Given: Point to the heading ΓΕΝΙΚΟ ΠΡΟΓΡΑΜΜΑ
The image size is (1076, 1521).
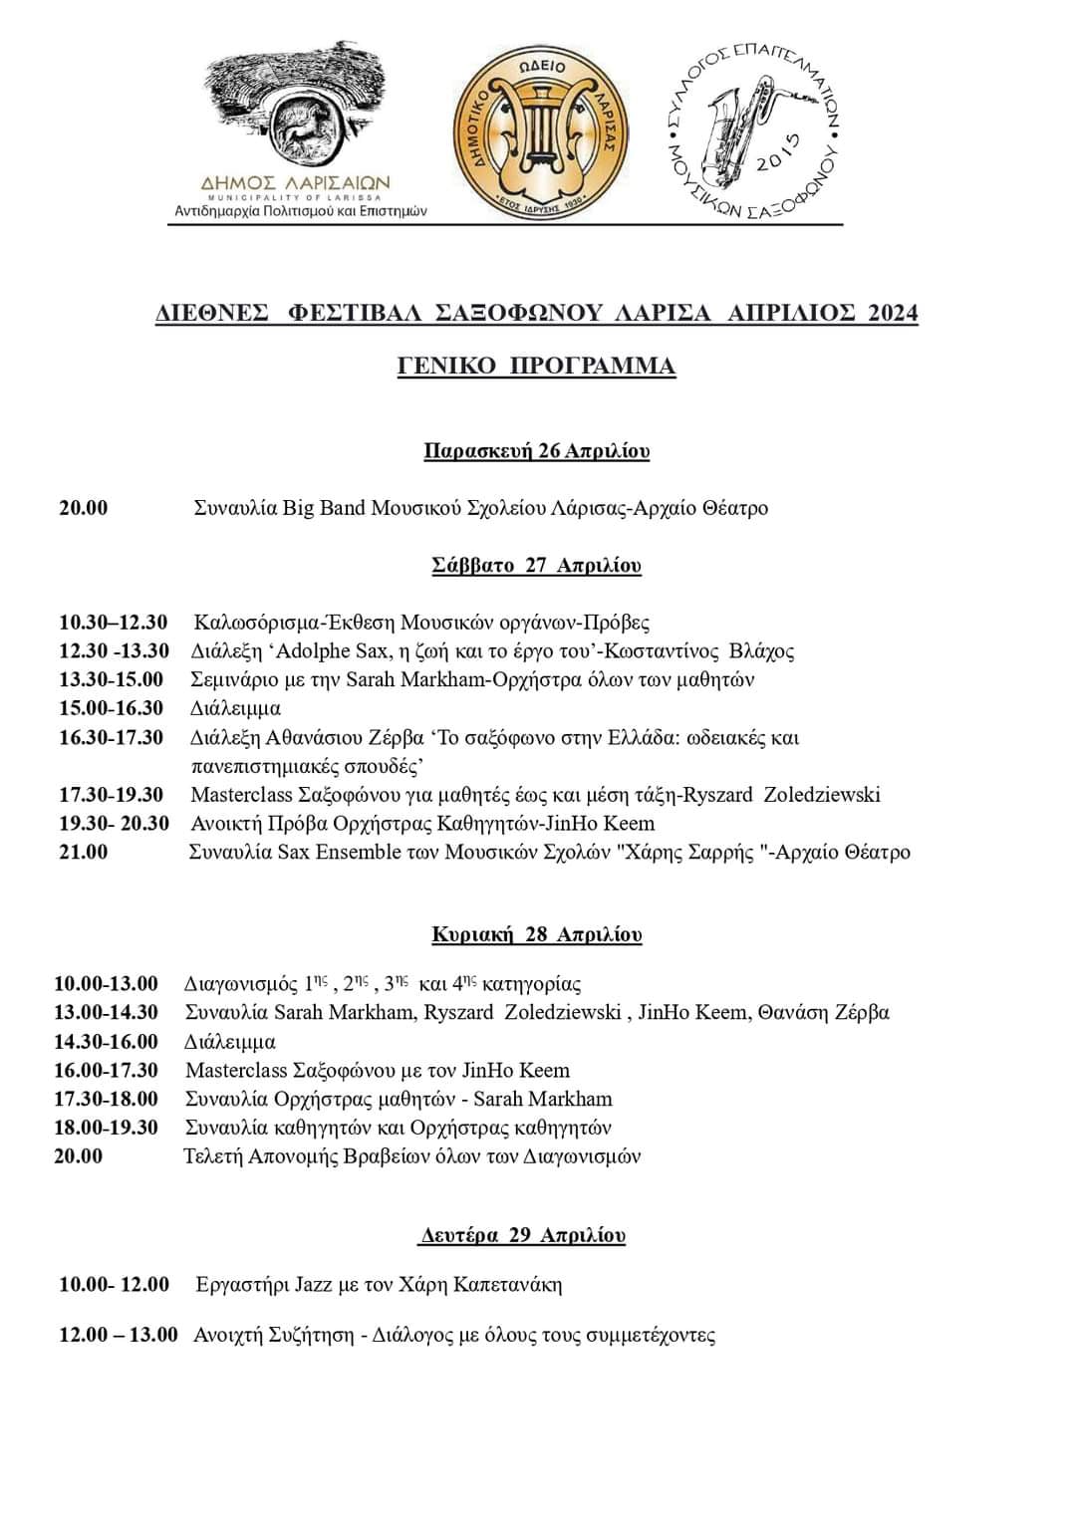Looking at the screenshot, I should coord(536,366).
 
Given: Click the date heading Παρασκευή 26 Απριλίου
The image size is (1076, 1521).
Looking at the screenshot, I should coord(536,450).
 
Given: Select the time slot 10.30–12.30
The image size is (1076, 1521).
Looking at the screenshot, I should coord(114,623).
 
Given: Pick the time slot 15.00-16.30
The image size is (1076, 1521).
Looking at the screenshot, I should coord(111,708).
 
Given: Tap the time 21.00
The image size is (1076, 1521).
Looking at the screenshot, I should coord(84,852).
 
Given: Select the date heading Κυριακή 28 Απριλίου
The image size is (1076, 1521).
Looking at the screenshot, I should coord(536,934).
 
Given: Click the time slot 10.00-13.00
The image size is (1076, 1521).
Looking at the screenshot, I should coord(106,984).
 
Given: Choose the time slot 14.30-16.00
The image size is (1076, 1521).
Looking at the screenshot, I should coord(106,1042).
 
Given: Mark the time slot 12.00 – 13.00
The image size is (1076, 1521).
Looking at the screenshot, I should coord(118,1335).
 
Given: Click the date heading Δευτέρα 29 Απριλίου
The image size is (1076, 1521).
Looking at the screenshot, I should coord(522,1235).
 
